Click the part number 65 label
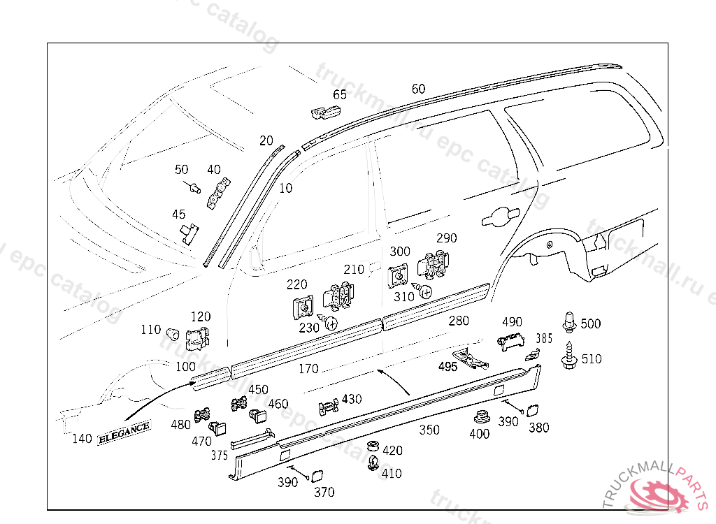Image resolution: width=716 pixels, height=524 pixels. click(x=340, y=95)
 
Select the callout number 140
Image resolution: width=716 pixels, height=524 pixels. click(x=82, y=439)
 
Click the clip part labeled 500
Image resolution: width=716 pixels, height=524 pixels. click(x=571, y=322)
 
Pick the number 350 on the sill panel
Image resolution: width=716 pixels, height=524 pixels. click(x=429, y=430)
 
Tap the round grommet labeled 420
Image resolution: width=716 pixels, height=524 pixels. click(x=373, y=448)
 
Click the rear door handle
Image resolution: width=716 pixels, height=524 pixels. click(x=499, y=217)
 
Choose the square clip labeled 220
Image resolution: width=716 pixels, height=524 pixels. click(x=303, y=307)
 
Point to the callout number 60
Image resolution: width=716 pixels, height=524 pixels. click(x=418, y=89)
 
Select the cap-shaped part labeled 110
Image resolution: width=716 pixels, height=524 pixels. click(x=172, y=330)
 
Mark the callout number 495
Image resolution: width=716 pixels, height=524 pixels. click(x=447, y=366)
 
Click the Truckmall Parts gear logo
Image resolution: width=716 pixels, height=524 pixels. click(x=659, y=495)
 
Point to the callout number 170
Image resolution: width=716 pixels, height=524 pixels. click(x=308, y=368)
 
